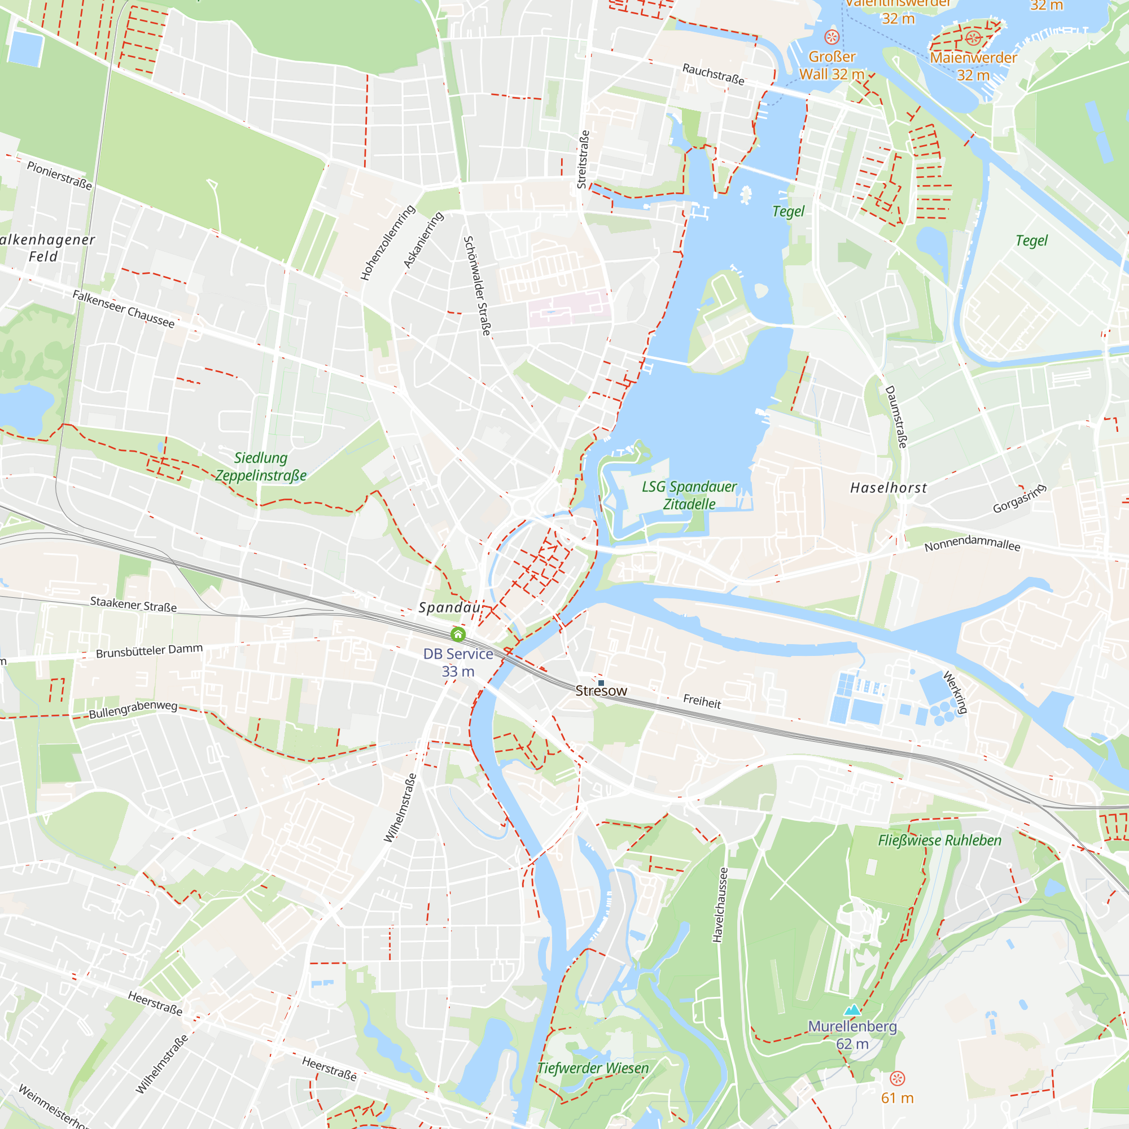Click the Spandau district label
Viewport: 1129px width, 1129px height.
(x=449, y=608)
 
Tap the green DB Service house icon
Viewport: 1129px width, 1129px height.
(x=458, y=634)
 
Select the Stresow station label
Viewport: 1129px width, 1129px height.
(x=601, y=691)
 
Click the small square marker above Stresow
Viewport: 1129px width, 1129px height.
(x=601, y=682)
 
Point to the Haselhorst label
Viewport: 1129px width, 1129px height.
(x=888, y=488)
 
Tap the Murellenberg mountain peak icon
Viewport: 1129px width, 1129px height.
(x=852, y=1010)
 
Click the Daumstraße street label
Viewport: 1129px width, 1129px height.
(x=896, y=417)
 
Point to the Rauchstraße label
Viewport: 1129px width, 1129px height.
(x=713, y=74)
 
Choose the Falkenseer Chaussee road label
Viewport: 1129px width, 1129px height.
(x=123, y=309)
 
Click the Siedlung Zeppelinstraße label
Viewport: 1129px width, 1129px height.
(x=261, y=467)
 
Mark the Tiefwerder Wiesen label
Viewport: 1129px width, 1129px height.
(x=593, y=1068)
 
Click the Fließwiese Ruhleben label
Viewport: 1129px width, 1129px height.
(x=940, y=841)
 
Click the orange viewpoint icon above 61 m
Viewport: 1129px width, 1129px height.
(x=897, y=1078)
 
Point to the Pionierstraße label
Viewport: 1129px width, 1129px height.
(x=59, y=176)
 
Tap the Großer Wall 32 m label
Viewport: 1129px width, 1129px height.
(x=832, y=65)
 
